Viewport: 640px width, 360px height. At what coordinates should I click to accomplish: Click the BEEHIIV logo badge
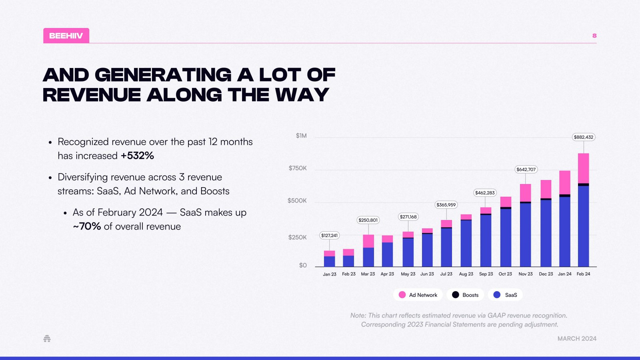coord(66,36)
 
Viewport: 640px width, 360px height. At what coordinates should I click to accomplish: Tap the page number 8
coord(594,36)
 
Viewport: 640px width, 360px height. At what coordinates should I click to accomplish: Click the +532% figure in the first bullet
coord(137,156)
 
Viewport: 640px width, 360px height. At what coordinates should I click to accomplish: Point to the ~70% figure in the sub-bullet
coord(87,226)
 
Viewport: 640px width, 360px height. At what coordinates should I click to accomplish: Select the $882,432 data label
coord(584,137)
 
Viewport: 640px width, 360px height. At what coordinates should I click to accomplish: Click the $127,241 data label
coord(329,236)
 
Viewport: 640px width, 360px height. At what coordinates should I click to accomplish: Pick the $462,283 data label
coord(485,193)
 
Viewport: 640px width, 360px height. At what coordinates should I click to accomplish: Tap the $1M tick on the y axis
coord(301,136)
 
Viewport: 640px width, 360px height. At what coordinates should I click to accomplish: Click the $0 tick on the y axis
coord(303,265)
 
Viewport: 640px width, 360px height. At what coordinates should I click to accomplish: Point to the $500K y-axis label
coord(297,200)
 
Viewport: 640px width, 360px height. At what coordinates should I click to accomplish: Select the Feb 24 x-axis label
coord(583,274)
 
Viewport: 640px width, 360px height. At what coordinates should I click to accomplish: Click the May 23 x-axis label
coord(408,274)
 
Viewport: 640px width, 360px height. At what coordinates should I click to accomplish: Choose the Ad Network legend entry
coord(418,295)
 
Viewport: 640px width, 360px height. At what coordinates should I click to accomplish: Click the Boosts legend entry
coord(465,295)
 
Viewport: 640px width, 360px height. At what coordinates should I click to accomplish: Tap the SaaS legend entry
coord(506,295)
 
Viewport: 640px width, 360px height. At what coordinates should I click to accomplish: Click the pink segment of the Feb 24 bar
coord(583,168)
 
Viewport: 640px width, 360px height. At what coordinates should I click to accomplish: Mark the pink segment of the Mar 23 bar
coord(368,241)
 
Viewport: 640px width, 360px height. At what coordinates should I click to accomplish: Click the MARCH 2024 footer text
coord(577,338)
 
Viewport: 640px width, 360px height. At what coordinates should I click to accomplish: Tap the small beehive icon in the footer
coord(47,339)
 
